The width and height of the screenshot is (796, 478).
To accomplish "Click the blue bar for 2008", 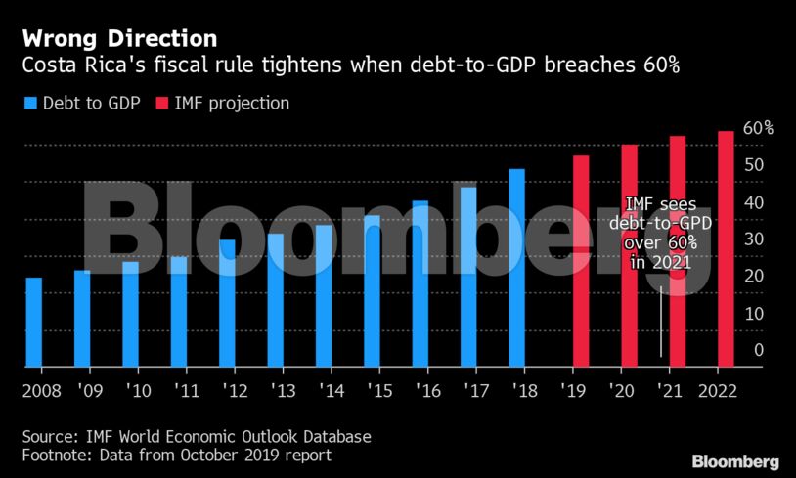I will pos(33,322).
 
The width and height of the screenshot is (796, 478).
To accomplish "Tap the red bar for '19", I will pos(581,260).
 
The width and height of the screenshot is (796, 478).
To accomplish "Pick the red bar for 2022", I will pos(726,248).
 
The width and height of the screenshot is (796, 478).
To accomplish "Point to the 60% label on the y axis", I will pos(758,128).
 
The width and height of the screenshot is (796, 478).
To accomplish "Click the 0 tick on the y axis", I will pos(758,350).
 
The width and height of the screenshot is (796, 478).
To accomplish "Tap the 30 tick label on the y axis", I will pos(753,239).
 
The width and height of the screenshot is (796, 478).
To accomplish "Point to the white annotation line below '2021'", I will pos(661,323).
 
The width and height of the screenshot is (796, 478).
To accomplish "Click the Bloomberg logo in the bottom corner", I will pos(735,461).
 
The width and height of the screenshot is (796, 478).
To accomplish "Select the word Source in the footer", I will pos(48,436).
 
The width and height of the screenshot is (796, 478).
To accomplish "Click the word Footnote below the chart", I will pos(55,455).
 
